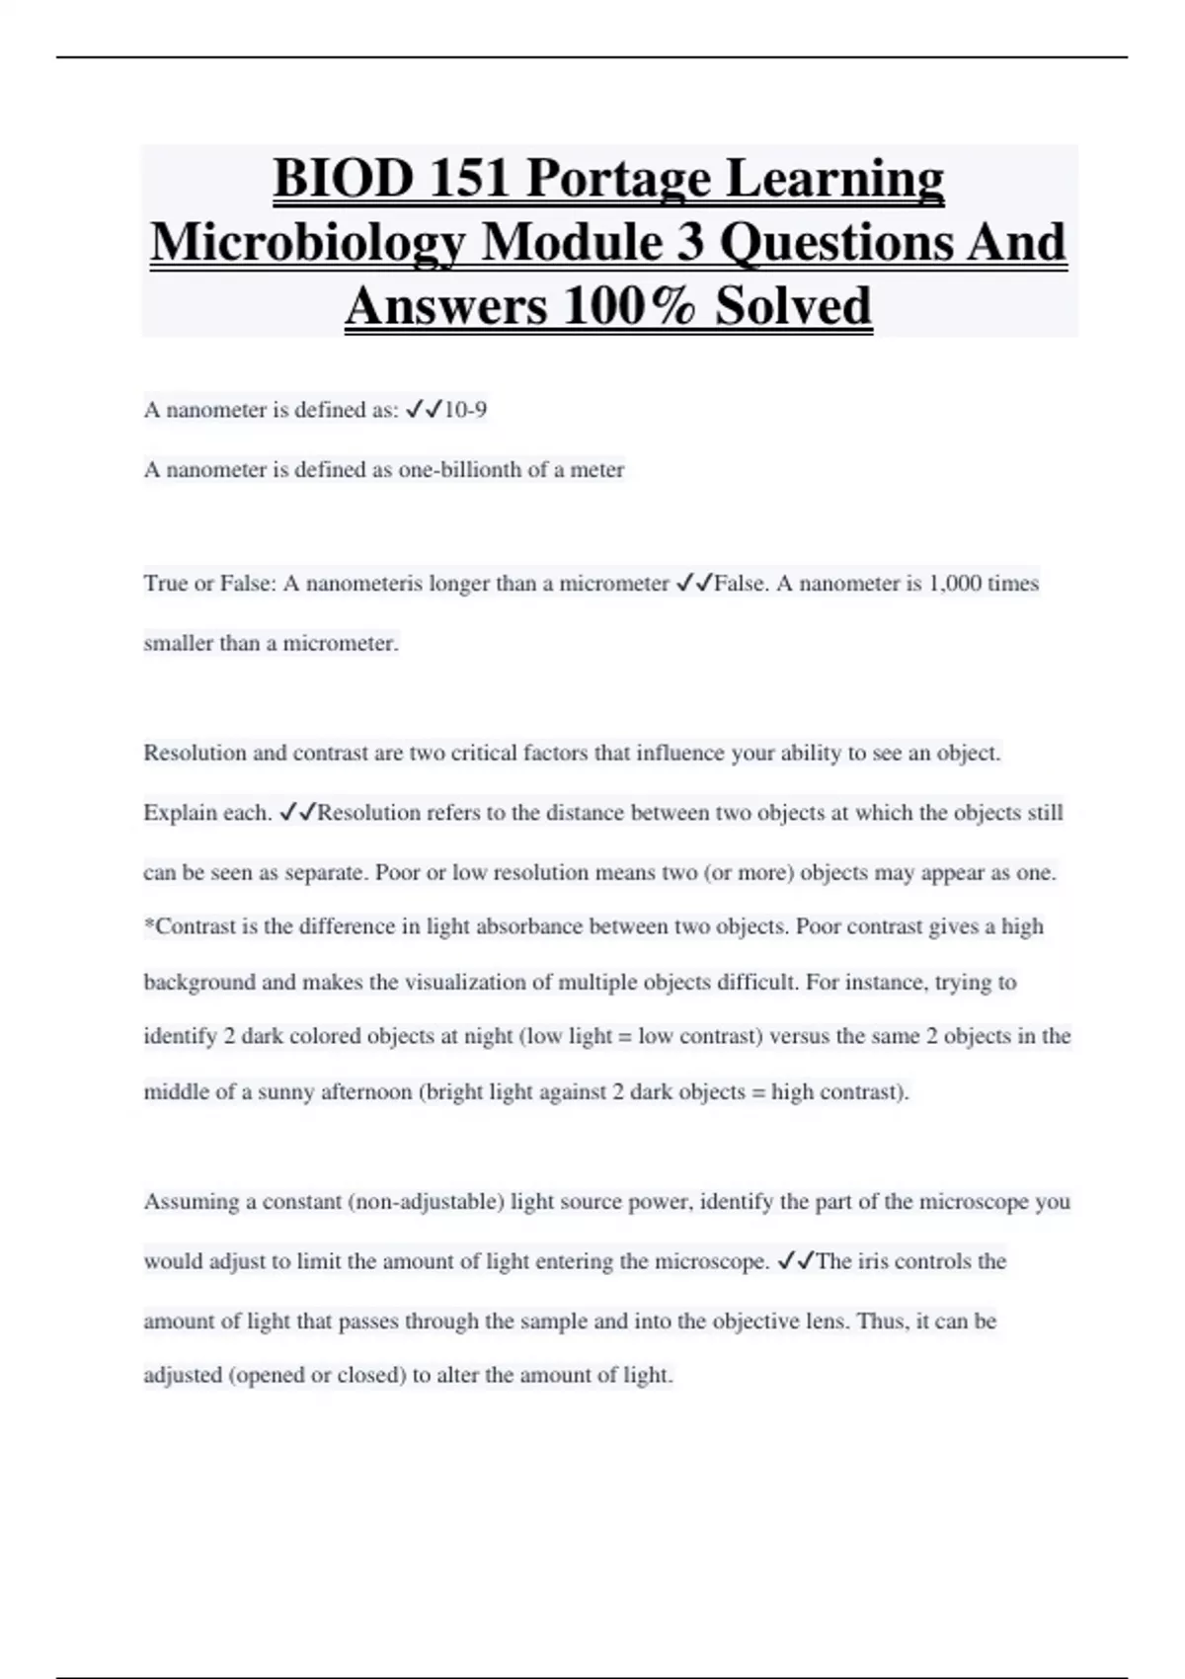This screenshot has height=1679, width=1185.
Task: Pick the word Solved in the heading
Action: tap(793, 306)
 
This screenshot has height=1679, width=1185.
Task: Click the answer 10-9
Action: tap(465, 410)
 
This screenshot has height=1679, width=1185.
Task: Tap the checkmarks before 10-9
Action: tap(424, 410)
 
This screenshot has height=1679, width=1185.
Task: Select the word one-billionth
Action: tap(459, 470)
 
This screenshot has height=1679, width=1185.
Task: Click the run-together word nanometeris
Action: tap(364, 584)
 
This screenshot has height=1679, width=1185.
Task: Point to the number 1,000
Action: tap(955, 584)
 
